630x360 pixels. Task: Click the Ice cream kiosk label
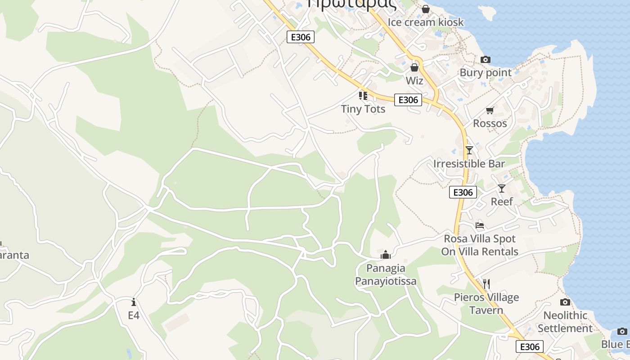(x=426, y=22)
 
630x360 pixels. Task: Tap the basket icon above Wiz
(x=414, y=67)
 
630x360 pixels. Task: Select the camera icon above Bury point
(x=486, y=59)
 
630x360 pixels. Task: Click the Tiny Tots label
(x=363, y=109)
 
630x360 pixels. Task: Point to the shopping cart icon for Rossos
(x=490, y=110)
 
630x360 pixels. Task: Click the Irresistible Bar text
(x=469, y=164)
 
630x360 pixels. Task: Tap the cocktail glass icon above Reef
(x=502, y=189)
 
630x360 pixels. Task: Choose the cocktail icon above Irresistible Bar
(x=469, y=150)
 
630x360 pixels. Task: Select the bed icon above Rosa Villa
(x=480, y=225)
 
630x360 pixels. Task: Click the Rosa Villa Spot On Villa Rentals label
(x=480, y=245)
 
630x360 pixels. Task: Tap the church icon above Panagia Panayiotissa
(x=386, y=255)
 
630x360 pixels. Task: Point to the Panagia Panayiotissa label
(x=386, y=275)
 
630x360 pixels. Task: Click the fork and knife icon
(x=486, y=284)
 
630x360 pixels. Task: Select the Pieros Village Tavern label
(x=486, y=304)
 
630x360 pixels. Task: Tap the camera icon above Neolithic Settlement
(x=565, y=302)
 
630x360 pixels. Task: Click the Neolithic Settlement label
(x=565, y=322)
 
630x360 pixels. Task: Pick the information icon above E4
(x=134, y=302)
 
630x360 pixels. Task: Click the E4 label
(x=134, y=315)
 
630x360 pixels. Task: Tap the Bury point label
(x=486, y=72)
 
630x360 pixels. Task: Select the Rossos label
(x=490, y=123)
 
